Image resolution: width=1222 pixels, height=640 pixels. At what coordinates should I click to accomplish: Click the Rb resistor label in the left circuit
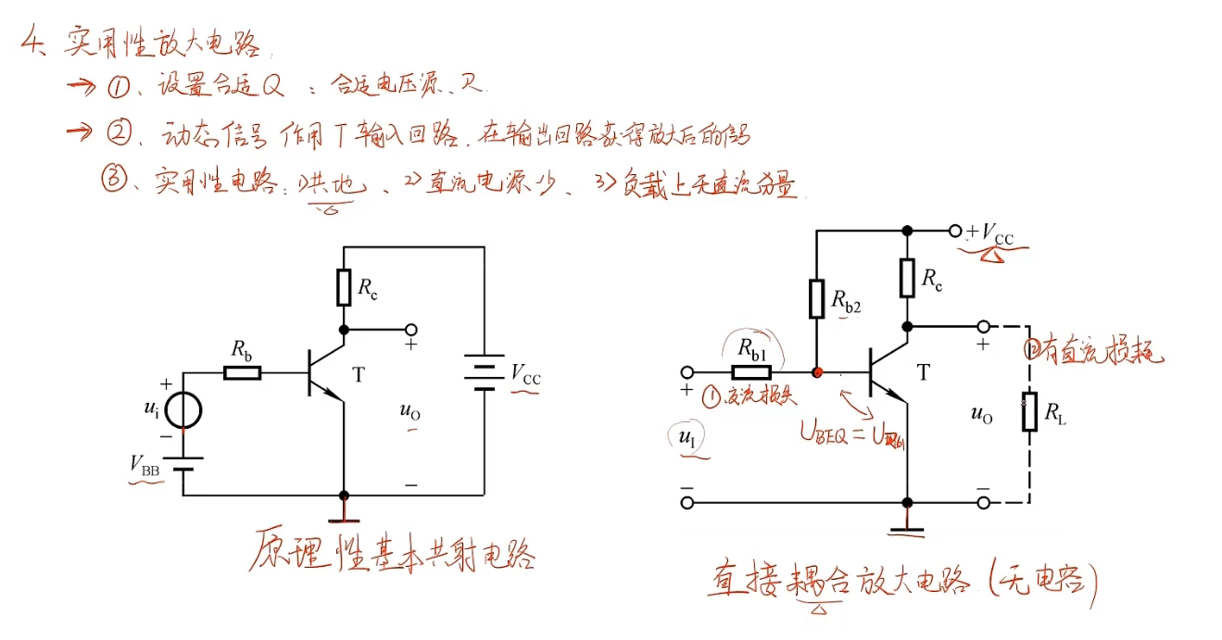tap(241, 352)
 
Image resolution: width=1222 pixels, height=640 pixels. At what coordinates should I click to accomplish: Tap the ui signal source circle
tap(182, 409)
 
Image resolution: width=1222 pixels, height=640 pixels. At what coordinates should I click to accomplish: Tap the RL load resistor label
tap(1055, 419)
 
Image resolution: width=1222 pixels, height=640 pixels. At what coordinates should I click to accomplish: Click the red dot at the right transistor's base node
tap(817, 372)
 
